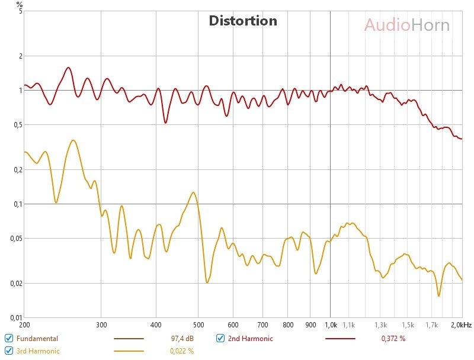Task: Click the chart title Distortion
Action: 243,21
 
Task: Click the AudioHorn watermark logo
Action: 406,25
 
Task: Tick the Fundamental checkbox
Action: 9,338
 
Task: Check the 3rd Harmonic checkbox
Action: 9,351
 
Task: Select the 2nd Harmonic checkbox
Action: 220,338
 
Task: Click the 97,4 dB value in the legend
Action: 182,339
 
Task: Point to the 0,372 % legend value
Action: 393,339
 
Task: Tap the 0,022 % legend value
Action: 182,351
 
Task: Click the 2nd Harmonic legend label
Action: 251,339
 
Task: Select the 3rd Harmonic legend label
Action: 38,351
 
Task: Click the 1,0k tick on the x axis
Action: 330,325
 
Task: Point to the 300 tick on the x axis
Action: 101,325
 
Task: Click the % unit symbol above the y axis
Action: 20,5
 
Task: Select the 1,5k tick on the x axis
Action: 408,325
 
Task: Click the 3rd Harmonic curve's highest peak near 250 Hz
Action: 73,140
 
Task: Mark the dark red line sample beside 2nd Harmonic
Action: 340,339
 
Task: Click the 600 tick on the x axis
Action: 233,325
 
